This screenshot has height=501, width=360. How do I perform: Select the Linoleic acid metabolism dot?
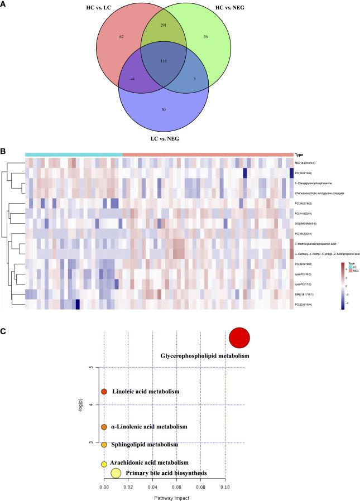point(104,392)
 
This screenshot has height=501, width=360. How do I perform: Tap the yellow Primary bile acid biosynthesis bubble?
point(116,473)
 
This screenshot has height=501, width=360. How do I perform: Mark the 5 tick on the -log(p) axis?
point(99,367)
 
